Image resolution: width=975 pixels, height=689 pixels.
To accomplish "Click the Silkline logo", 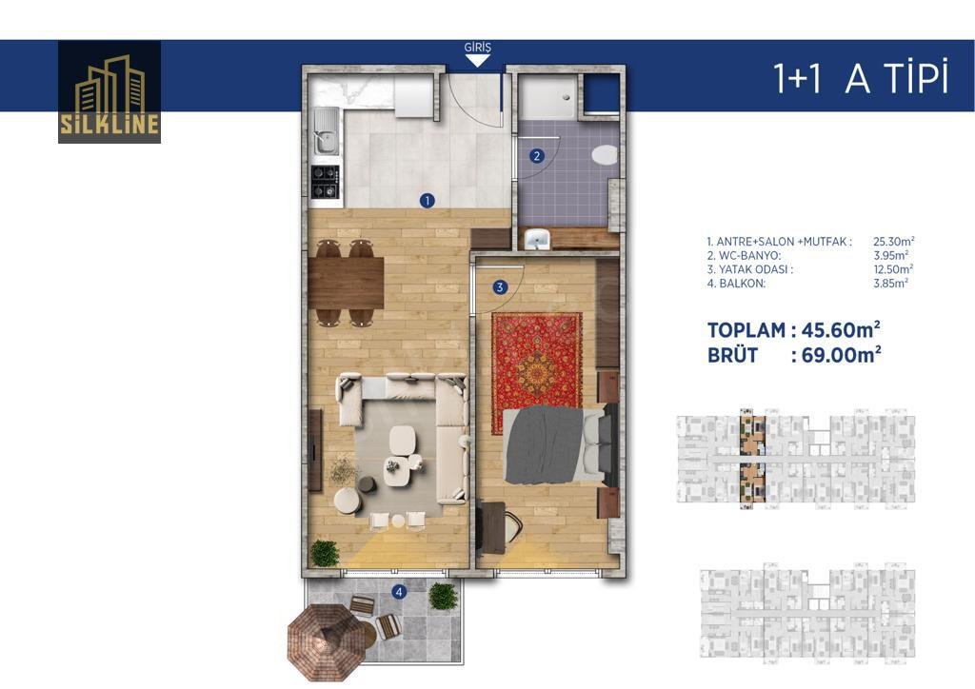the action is pyautogui.click(x=109, y=92).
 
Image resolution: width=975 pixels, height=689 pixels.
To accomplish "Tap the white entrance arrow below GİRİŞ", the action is pyautogui.click(x=477, y=61).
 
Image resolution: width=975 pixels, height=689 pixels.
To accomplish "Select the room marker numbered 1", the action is pyautogui.click(x=428, y=201).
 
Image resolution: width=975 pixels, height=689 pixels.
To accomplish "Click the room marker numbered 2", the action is pyautogui.click(x=537, y=156).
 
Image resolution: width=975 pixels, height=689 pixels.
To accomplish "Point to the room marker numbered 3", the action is pyautogui.click(x=499, y=287).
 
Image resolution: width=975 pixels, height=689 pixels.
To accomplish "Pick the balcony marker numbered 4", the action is pyautogui.click(x=399, y=592).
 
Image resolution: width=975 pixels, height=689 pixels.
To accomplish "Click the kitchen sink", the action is pyautogui.click(x=326, y=131).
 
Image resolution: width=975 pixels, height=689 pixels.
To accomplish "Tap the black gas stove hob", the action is pyautogui.click(x=326, y=182).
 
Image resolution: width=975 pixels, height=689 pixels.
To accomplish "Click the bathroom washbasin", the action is pyautogui.click(x=537, y=239).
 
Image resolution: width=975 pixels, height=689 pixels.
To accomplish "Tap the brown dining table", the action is pyautogui.click(x=346, y=283).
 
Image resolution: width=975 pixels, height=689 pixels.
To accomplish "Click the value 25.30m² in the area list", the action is pyautogui.click(x=893, y=241).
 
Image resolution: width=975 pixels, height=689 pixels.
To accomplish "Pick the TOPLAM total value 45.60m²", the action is pyautogui.click(x=841, y=329).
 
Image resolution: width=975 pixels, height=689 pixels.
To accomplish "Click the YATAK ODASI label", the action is pyautogui.click(x=755, y=269).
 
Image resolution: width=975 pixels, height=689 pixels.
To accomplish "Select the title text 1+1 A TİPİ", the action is pyautogui.click(x=861, y=78).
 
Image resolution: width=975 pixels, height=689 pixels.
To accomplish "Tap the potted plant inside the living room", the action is pyautogui.click(x=325, y=553).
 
